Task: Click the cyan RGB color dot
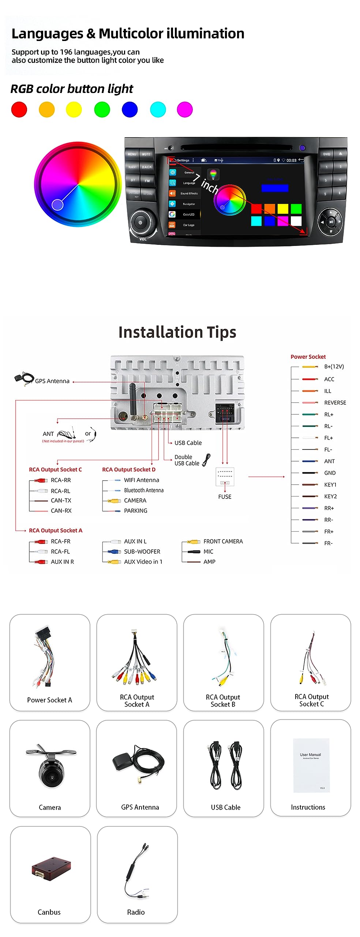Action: point(158,109)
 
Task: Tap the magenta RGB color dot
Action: point(185,109)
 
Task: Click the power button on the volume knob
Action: point(140,222)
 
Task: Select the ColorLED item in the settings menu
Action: point(188,214)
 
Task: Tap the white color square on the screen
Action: point(296,221)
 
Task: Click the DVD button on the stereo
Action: point(326,154)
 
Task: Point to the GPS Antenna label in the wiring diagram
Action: point(52,381)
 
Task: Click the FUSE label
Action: point(225,497)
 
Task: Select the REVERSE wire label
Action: point(335,403)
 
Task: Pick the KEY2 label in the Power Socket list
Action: point(330,496)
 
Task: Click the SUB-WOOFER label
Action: point(142,552)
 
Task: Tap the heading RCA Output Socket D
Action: point(129,470)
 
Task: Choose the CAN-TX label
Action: point(61,500)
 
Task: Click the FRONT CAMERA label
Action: point(223,541)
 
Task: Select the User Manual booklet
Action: point(311,765)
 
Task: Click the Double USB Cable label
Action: point(187,460)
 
